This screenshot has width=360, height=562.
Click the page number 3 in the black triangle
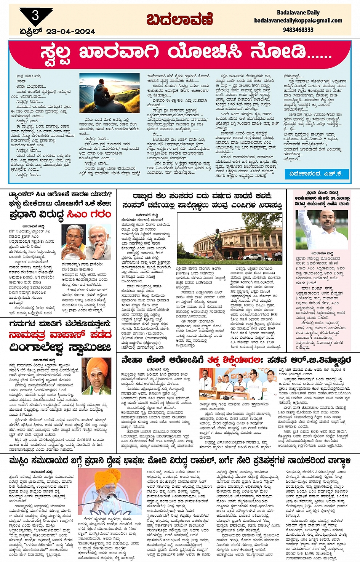click(35, 16)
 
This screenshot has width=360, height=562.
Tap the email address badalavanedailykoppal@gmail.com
click(298, 21)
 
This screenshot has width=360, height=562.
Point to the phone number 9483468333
click(298, 30)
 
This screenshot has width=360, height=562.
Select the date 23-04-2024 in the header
click(70, 32)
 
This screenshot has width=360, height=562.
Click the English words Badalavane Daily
click(298, 13)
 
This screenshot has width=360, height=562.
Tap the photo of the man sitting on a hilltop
click(109, 93)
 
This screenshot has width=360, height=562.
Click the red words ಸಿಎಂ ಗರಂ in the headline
click(89, 214)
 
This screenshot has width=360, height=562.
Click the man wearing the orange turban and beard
click(96, 376)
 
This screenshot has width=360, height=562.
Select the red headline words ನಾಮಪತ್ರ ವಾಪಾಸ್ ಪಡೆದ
click(60, 335)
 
